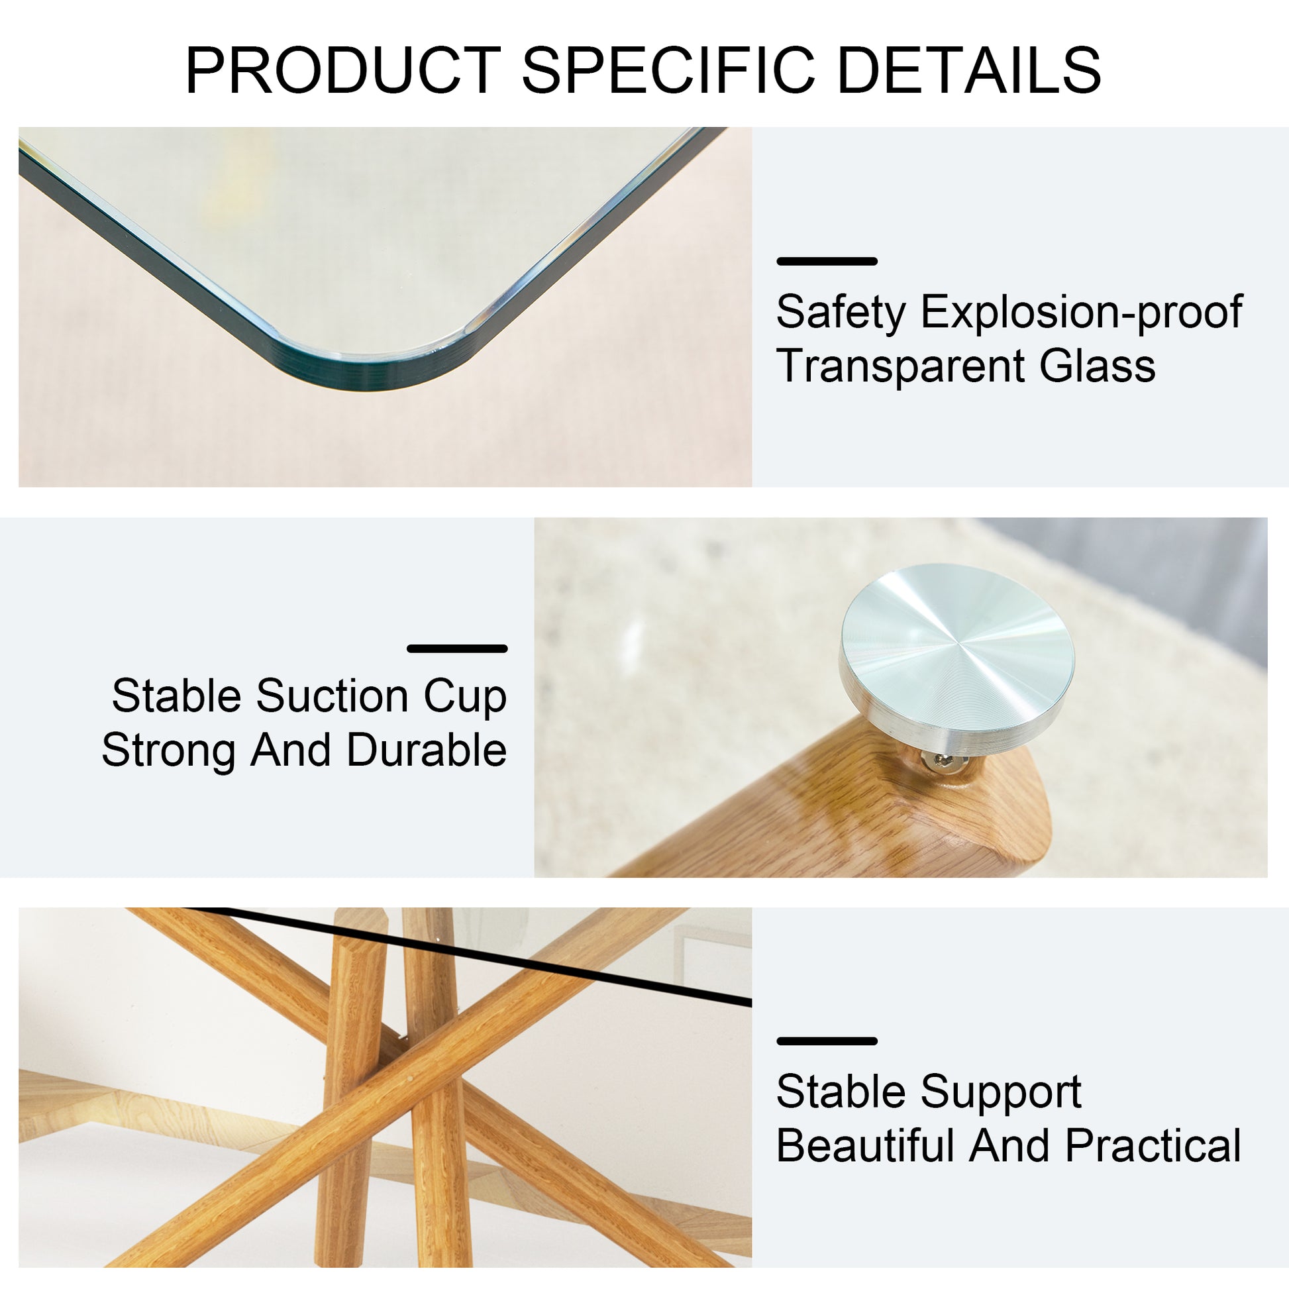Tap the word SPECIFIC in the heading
(668, 70)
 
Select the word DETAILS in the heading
(968, 70)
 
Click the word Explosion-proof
(1082, 312)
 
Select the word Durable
(427, 750)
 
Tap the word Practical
(1153, 1147)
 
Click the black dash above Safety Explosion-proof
(827, 262)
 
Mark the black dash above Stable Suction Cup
(457, 648)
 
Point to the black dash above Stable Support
(827, 1041)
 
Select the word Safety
(841, 312)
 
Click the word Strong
(168, 750)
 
